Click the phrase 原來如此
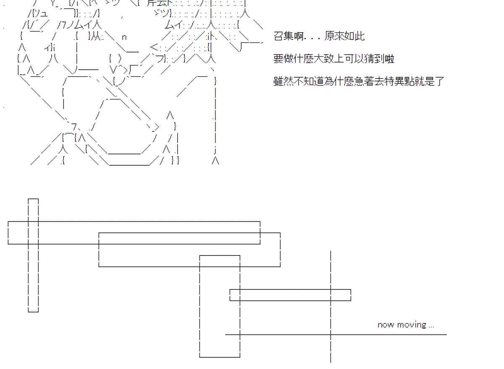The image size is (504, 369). tap(344, 36)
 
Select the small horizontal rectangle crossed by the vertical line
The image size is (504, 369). tap(290, 295)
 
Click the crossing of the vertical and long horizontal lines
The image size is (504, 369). tap(331, 335)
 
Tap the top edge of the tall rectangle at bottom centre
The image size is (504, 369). tap(220, 255)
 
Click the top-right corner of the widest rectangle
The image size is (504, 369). tap(260, 221)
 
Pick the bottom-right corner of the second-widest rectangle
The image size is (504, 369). tap(280, 266)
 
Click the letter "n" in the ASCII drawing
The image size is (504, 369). tap(124, 37)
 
